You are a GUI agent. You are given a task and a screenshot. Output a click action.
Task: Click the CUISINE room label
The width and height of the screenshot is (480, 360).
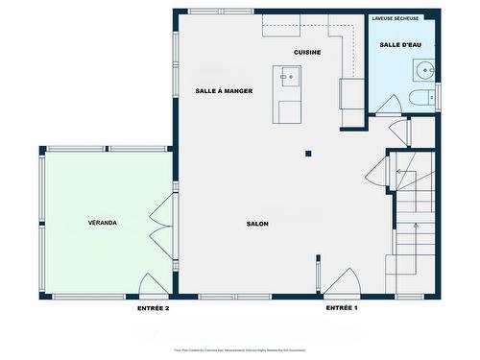pos(307,52)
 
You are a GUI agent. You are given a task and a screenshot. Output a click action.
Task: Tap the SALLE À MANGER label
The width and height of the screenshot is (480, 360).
pos(224,90)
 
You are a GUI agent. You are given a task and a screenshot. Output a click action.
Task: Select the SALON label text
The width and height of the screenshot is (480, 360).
pos(257,224)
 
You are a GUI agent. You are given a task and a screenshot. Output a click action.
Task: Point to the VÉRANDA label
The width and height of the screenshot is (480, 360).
pos(102,223)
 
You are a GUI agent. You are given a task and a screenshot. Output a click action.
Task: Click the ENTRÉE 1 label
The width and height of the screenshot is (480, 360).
pos(342,308)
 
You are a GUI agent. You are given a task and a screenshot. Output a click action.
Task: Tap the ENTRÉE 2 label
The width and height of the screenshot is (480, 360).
pos(154,308)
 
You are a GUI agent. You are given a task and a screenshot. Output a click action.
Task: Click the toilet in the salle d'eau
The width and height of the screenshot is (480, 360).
pos(420,99)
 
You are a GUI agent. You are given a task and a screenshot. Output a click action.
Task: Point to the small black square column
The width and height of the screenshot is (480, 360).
pos(308,153)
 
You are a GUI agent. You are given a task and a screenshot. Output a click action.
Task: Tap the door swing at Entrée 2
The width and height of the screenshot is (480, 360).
pos(154,285)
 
